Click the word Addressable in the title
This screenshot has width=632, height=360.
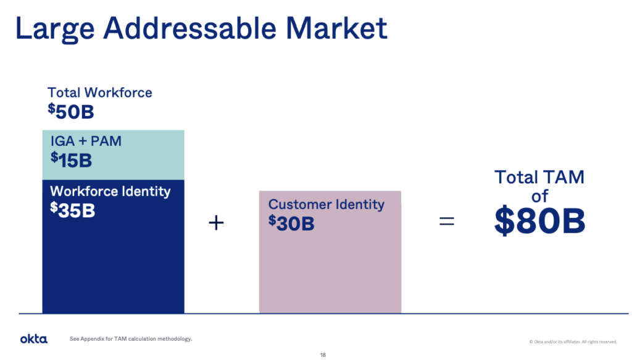pyautogui.click(x=190, y=28)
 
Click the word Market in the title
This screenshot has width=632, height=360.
pyautogui.click(x=336, y=28)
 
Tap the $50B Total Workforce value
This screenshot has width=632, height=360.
pyautogui.click(x=71, y=111)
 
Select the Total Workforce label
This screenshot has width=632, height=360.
pyautogui.click(x=100, y=93)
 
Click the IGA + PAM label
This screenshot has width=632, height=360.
pyautogui.click(x=86, y=141)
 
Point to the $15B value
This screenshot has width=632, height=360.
pyautogui.click(x=72, y=160)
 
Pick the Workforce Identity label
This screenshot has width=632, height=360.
pyautogui.click(x=110, y=191)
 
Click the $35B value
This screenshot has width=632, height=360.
pyautogui.click(x=73, y=210)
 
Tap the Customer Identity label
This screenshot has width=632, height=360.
pyautogui.click(x=326, y=204)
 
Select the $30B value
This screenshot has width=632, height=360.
pyautogui.click(x=291, y=223)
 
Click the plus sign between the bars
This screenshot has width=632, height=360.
pyautogui.click(x=216, y=222)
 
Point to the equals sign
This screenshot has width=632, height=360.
pyautogui.click(x=447, y=221)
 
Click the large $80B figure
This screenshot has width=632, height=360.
pyautogui.click(x=539, y=220)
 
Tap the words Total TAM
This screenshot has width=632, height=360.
pyautogui.click(x=539, y=177)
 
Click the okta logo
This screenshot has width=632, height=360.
pyautogui.click(x=34, y=338)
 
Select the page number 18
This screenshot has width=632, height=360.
pyautogui.click(x=323, y=355)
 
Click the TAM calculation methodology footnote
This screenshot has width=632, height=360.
pyautogui.click(x=131, y=338)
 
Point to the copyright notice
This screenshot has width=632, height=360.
pyautogui.click(x=573, y=342)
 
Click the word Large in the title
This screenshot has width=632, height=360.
pyautogui.click(x=55, y=29)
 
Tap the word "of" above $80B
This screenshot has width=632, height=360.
pyautogui.click(x=539, y=196)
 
